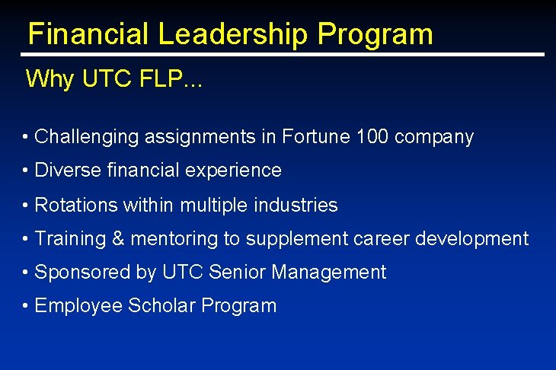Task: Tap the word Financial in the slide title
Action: click(89, 34)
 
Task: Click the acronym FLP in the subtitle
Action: click(160, 79)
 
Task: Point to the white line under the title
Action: click(282, 55)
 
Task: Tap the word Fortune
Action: click(316, 138)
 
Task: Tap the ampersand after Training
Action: click(118, 239)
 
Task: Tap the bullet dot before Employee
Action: click(26, 306)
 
